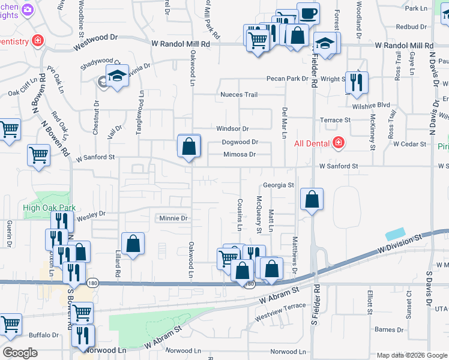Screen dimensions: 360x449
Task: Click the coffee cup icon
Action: pyautogui.click(x=308, y=13)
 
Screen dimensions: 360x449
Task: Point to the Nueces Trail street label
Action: pyautogui.click(x=239, y=95)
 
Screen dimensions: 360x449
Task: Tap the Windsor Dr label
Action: pyautogui.click(x=232, y=128)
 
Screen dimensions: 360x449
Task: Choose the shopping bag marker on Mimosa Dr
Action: pyautogui.click(x=189, y=146)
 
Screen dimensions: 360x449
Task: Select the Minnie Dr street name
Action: pyautogui.click(x=173, y=218)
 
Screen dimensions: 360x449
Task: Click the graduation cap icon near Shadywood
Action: pyautogui.click(x=117, y=76)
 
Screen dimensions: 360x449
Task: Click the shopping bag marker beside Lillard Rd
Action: pyautogui.click(x=133, y=244)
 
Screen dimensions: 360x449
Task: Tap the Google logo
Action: pyautogui.click(x=20, y=353)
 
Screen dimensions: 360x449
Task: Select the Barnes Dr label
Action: pyautogui.click(x=388, y=329)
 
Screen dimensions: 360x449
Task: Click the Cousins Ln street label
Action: pyautogui.click(x=239, y=215)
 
